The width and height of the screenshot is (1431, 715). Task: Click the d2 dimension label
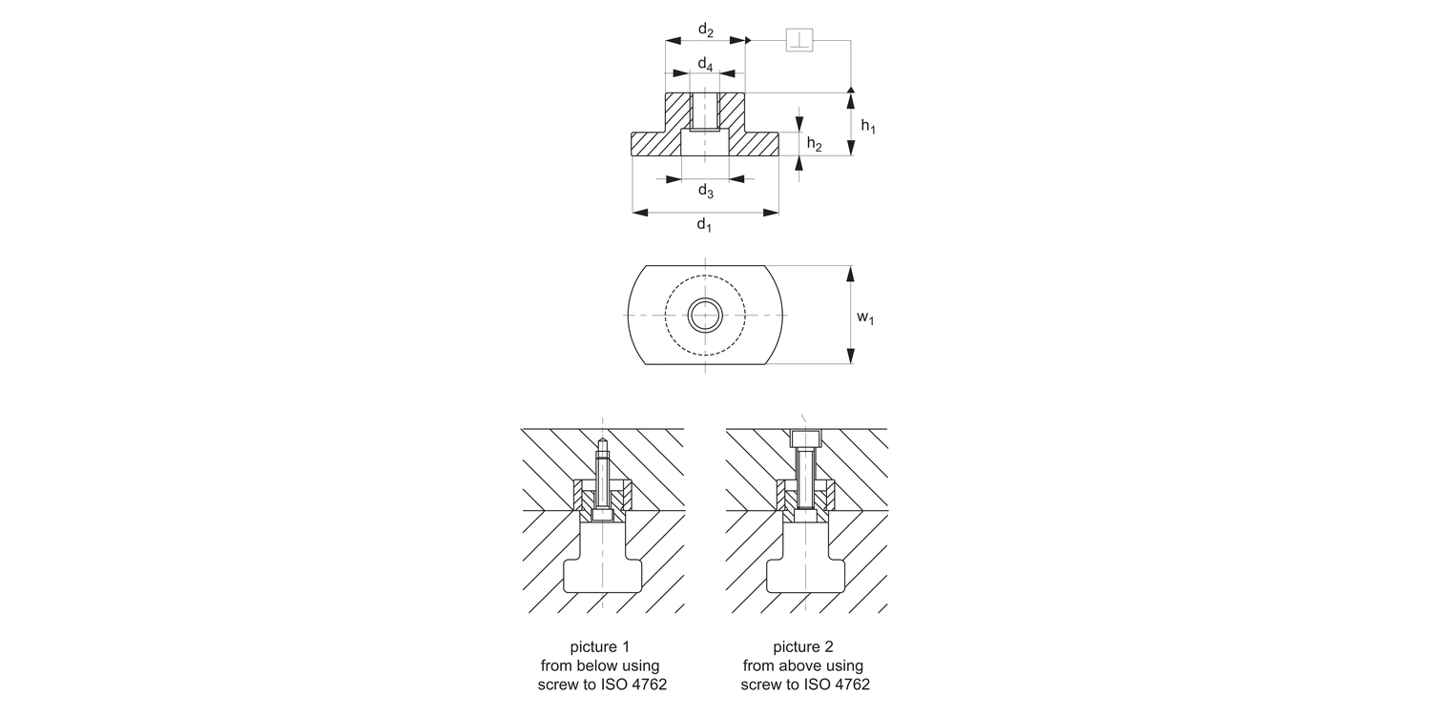point(705,30)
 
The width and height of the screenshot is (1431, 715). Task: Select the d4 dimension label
point(704,64)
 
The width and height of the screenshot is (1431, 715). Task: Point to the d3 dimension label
point(705,191)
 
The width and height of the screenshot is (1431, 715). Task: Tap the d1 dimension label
point(704,225)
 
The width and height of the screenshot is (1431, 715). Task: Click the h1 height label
point(867,126)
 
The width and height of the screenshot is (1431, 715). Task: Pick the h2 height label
point(815,144)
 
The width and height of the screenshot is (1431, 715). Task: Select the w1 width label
point(864,317)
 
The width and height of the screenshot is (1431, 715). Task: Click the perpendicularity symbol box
point(798,41)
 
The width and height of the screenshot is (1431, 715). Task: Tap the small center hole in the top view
point(705,314)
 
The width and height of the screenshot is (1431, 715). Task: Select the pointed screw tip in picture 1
point(602,444)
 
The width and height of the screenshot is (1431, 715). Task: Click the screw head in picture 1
point(602,515)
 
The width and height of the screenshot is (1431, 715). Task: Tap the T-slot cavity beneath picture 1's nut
point(602,572)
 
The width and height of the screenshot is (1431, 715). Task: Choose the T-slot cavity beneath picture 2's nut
point(807,572)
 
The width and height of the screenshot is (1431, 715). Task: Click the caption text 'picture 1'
point(599,646)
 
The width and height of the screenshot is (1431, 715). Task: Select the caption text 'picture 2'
point(804,646)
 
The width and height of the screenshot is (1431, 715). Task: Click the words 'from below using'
point(599,665)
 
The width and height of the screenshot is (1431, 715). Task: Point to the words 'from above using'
point(804,665)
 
